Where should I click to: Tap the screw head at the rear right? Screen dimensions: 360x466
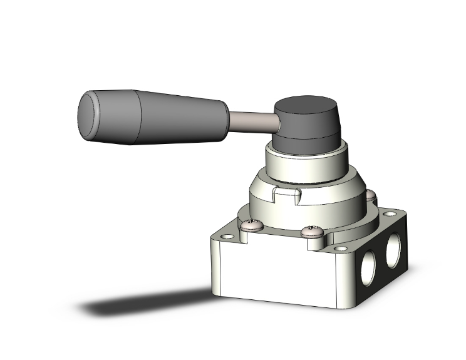371,197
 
